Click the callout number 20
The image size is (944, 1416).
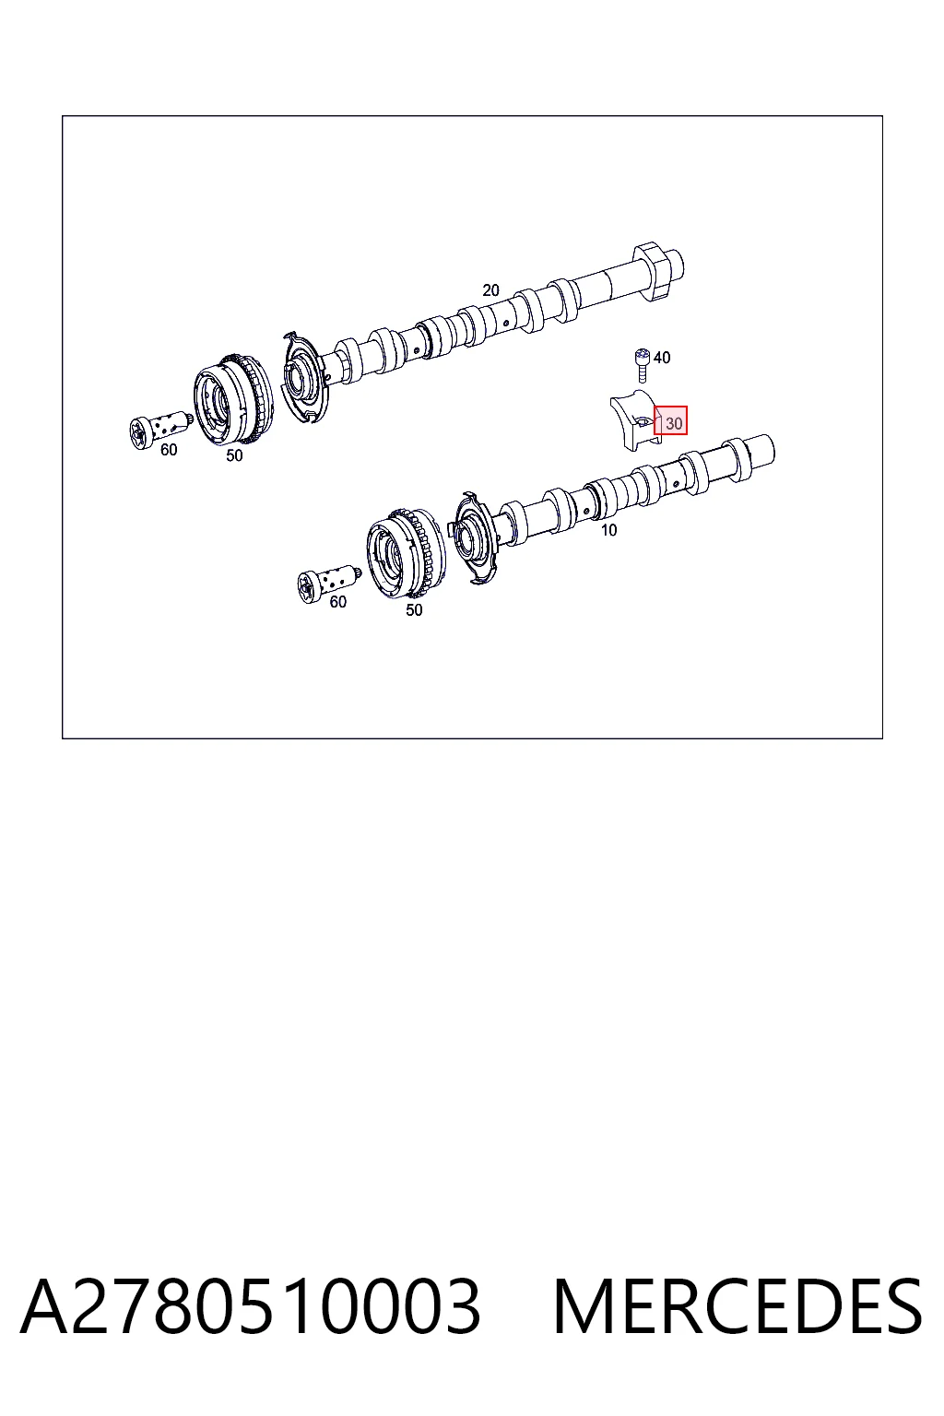point(490,290)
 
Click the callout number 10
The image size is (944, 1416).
point(608,530)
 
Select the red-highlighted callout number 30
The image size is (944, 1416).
point(670,420)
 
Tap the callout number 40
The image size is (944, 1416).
point(662,357)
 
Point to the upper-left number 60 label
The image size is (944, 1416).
point(169,450)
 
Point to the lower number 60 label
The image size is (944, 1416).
point(338,602)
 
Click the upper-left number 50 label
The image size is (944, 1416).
point(234,455)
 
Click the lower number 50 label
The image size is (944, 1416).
point(414,610)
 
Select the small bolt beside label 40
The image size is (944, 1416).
point(643,365)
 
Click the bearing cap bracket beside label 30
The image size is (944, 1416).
point(634,421)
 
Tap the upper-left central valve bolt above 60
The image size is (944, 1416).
point(160,430)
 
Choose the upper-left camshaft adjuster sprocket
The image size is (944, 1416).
point(233,400)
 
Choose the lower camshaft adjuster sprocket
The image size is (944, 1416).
point(407,554)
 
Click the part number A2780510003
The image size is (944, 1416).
point(251,1307)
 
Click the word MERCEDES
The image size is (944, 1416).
point(737,1307)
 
